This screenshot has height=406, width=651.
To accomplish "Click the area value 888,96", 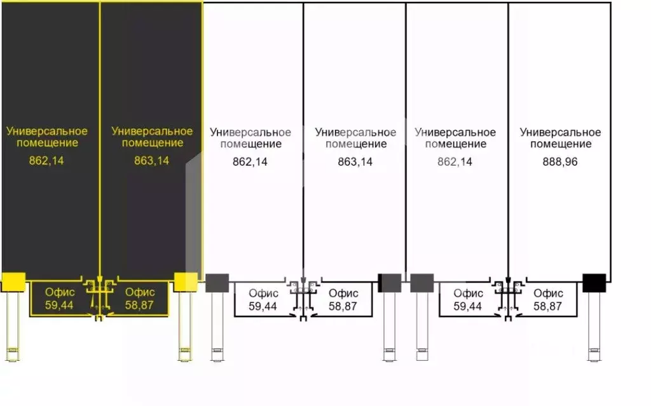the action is click(x=559, y=161).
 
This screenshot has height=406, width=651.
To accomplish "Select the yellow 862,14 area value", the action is click(x=46, y=160).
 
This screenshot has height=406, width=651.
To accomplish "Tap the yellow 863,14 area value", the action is click(x=151, y=160).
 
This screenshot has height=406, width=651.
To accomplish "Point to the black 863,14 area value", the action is click(x=355, y=161).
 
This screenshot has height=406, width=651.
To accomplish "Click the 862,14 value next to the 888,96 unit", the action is click(x=455, y=161).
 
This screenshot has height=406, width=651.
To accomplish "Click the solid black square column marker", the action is click(x=594, y=283).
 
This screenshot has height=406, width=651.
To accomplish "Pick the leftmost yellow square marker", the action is click(x=14, y=282).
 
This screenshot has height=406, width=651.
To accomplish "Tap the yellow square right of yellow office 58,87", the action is click(x=185, y=282).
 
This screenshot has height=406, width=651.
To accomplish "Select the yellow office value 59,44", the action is click(x=59, y=305).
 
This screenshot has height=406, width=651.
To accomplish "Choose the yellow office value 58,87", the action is click(x=139, y=305).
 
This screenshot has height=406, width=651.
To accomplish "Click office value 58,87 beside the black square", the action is click(x=547, y=306).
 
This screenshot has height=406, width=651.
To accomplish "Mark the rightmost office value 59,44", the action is click(x=467, y=306).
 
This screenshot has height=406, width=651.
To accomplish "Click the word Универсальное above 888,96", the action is click(x=560, y=132).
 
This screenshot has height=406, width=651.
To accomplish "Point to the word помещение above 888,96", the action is click(x=561, y=144).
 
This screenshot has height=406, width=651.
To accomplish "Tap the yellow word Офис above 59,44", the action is click(x=60, y=292).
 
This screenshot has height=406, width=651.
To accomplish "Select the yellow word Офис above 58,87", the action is click(x=140, y=292).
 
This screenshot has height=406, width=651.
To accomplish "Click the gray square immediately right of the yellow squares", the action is click(x=217, y=283).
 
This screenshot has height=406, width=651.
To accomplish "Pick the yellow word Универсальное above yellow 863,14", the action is click(x=152, y=131).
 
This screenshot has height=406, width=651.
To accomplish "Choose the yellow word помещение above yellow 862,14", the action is click(x=47, y=143).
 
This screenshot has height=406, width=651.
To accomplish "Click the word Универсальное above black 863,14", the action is click(x=355, y=132).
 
